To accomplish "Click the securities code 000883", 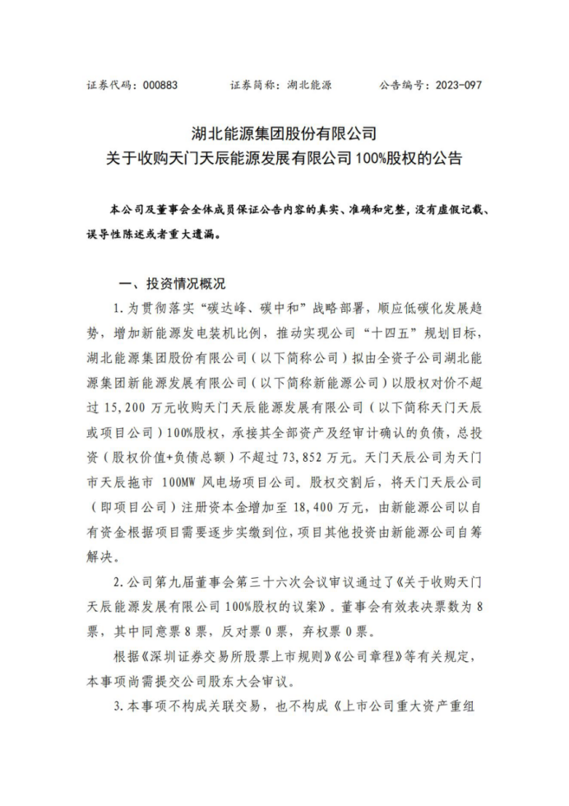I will coord(158,85).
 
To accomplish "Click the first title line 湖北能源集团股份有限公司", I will coord(284,132).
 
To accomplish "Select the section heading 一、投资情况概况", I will coord(172,285).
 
